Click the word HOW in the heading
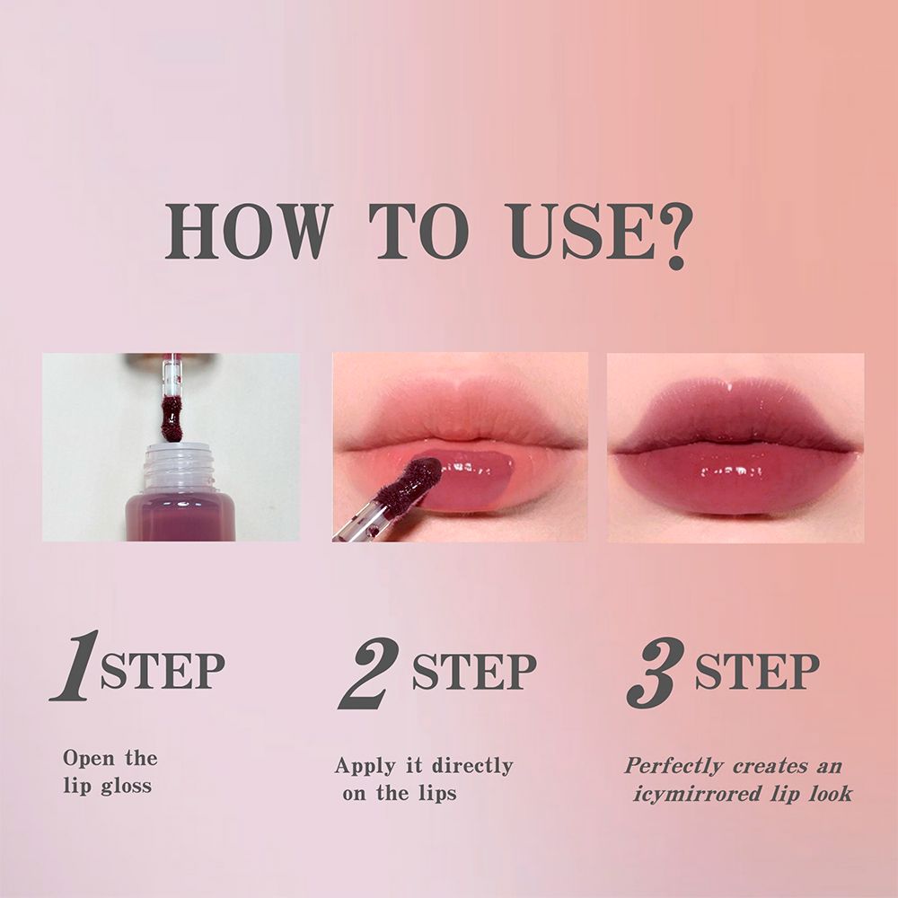tap(249, 231)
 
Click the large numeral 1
tap(75, 665)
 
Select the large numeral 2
tap(369, 673)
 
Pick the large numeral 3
tap(656, 673)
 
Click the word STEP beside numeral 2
tap(474, 671)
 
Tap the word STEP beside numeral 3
tap(757, 671)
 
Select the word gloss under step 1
tap(127, 787)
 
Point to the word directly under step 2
tap(472, 766)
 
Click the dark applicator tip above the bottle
tap(172, 419)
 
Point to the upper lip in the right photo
tap(735, 412)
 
